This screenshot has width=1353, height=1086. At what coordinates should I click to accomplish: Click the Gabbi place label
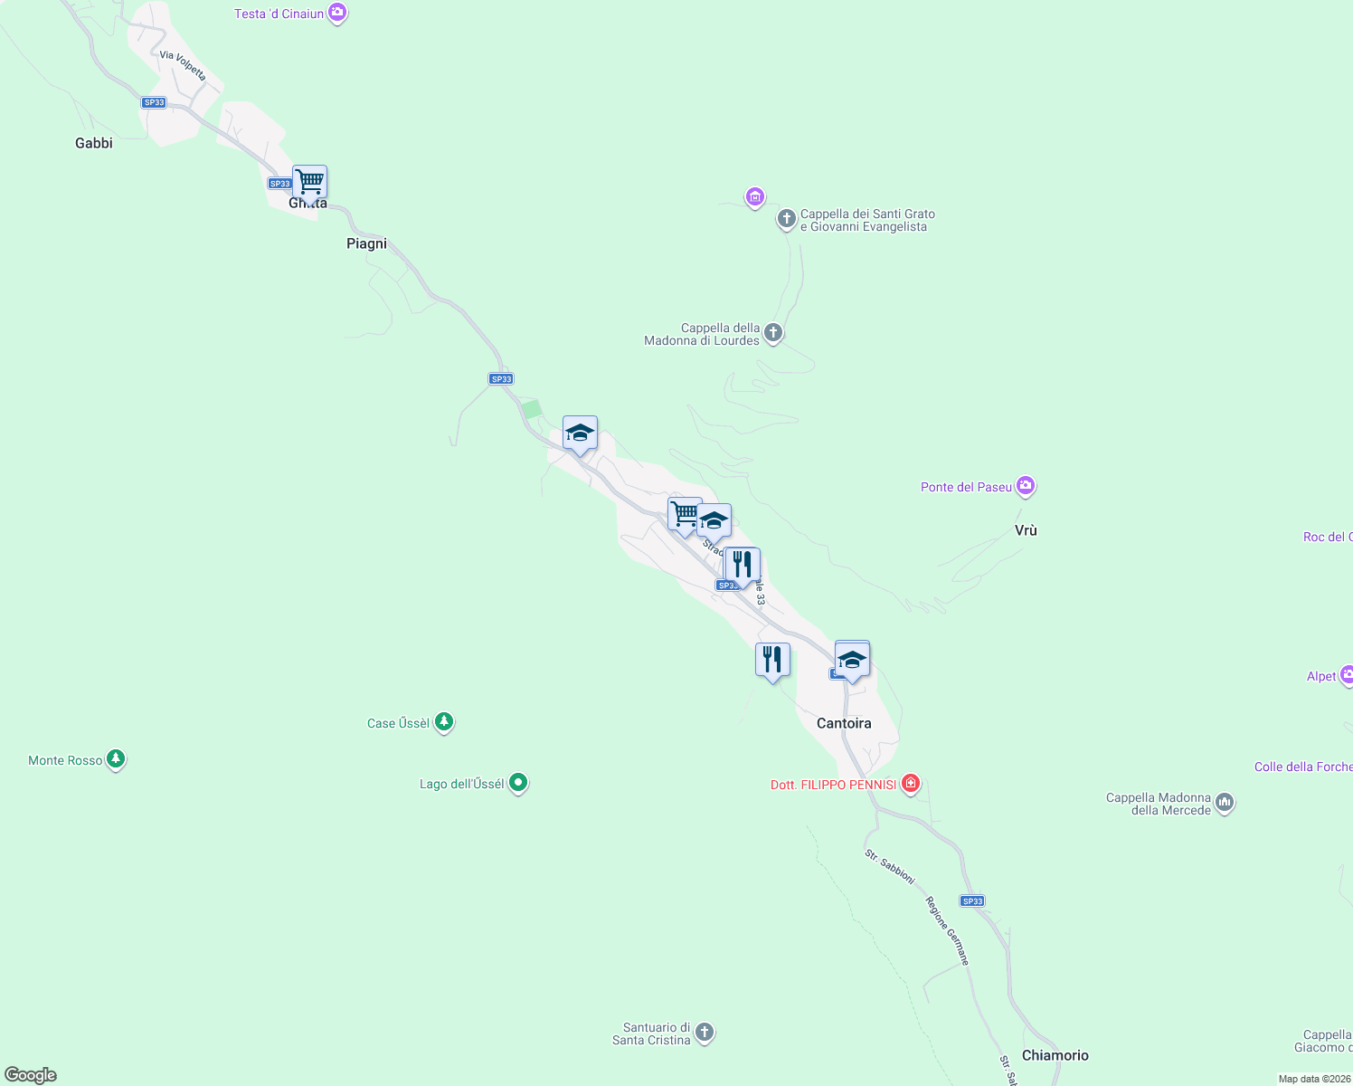[x=94, y=143]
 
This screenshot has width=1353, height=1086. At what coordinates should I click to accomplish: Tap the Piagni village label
[x=366, y=243]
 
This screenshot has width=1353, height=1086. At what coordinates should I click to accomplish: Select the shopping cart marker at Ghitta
[x=309, y=183]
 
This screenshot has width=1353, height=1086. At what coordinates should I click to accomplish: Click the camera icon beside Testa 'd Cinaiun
[x=337, y=14]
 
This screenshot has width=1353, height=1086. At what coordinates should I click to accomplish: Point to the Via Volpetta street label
[x=183, y=66]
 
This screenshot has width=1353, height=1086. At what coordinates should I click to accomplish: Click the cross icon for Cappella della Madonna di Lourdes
[x=773, y=333]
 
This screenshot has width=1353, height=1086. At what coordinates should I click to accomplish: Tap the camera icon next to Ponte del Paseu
[x=1025, y=487]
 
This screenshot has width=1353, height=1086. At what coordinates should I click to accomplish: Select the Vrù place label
[x=1026, y=530]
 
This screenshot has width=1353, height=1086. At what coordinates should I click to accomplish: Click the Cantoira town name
[x=844, y=723]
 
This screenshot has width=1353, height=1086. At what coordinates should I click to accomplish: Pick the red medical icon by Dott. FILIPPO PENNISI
[x=911, y=784]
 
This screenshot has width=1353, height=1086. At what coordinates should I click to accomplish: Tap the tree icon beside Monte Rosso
[x=116, y=759]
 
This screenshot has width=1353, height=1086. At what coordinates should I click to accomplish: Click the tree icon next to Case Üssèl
[x=443, y=722]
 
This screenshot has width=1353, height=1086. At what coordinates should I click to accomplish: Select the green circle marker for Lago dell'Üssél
[x=518, y=783]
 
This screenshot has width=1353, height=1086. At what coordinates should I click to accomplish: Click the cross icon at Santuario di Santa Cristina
[x=705, y=1033]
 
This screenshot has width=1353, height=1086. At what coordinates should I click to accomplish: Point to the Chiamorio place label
[x=1055, y=1055]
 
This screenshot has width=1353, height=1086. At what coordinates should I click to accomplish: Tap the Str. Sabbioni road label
[x=890, y=867]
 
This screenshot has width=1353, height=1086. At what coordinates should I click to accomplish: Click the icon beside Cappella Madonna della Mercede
[x=1225, y=803]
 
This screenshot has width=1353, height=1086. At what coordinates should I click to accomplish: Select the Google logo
[x=31, y=1075]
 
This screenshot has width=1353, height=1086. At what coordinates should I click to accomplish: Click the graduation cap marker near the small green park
[x=580, y=433]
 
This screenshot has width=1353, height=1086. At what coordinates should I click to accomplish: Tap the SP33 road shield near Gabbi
[x=154, y=102]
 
